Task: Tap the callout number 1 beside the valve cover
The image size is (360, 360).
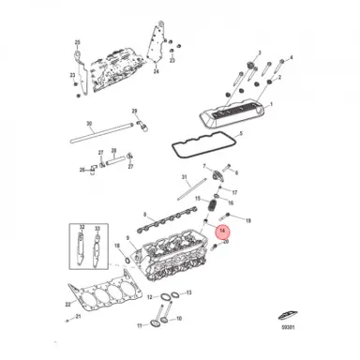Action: pyautogui.click(x=272, y=105)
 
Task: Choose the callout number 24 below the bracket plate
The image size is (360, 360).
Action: pyautogui.click(x=157, y=71)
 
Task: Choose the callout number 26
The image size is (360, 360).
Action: pyautogui.click(x=82, y=171)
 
